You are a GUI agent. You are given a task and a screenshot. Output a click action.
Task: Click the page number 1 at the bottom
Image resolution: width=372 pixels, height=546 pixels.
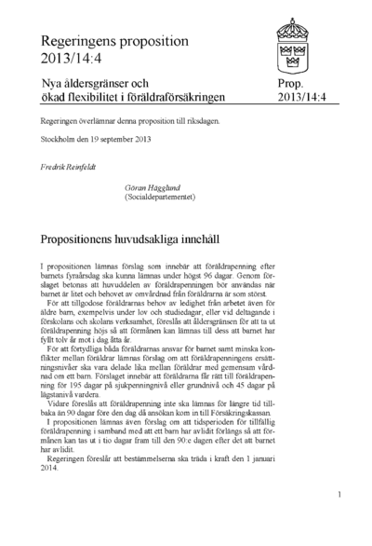click(x=340, y=494)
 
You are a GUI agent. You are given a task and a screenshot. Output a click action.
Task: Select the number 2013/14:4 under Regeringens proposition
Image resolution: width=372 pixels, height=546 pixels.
click(x=68, y=58)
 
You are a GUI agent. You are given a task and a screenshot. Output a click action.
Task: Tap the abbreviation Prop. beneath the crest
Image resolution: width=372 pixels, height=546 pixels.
click(x=291, y=84)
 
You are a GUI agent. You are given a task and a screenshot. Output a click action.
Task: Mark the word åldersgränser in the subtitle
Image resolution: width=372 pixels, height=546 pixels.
click(x=99, y=84)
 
